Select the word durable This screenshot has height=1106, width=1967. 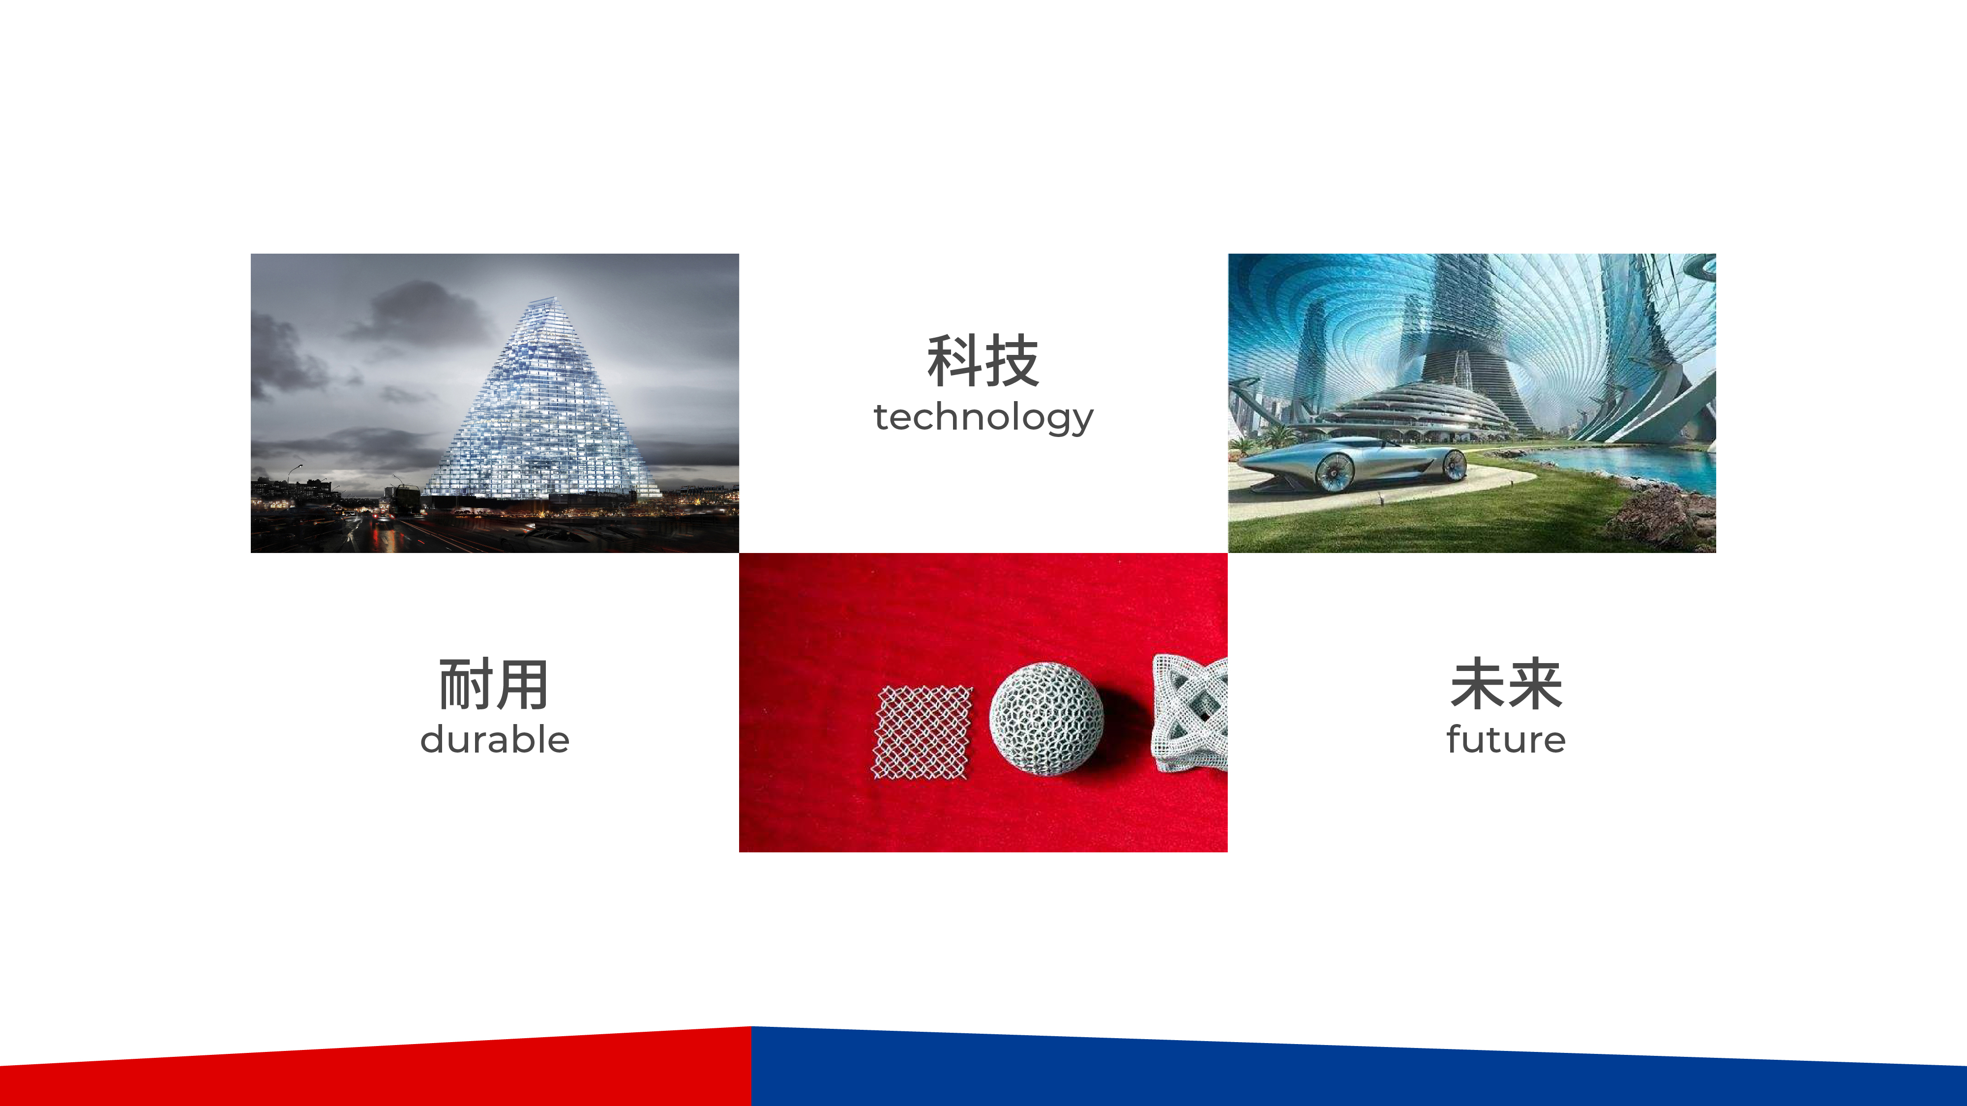coord(495,740)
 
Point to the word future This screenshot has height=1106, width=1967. coord(1506,740)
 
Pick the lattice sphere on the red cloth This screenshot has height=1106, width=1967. coord(1047,720)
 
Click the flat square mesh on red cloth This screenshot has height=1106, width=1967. coord(923,733)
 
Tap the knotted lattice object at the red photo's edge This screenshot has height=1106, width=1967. coord(1190,713)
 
